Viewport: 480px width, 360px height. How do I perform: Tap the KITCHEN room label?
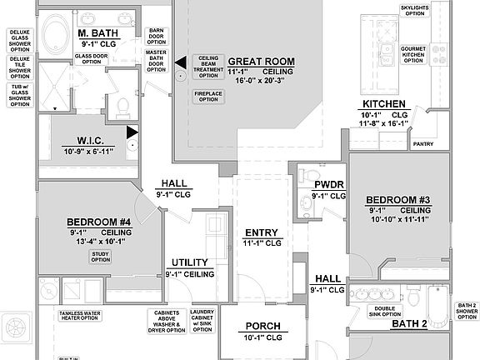384,104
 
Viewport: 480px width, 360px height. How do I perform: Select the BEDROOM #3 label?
397,200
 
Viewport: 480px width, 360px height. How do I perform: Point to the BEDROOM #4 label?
99,222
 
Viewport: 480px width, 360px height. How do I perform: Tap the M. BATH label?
98,32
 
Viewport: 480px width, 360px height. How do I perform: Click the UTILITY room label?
190,262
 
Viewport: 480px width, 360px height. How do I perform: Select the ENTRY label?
261,232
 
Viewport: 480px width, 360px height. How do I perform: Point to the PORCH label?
262,326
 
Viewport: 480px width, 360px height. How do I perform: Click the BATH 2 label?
409,322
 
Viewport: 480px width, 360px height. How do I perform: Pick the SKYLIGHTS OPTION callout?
415,10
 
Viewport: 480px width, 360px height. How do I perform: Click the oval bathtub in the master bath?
57,36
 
